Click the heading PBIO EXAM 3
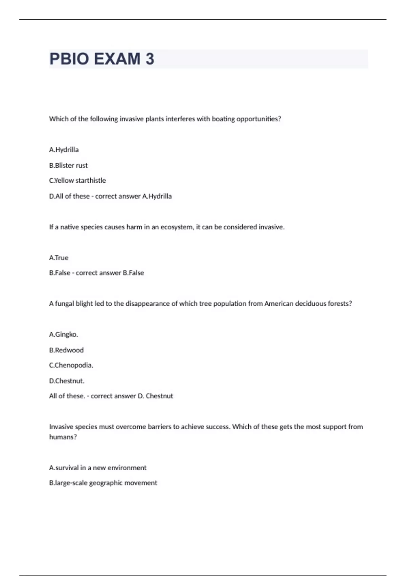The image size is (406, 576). pyautogui.click(x=101, y=59)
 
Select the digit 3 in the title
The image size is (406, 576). pyautogui.click(x=150, y=59)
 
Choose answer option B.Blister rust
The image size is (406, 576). pyautogui.click(x=68, y=165)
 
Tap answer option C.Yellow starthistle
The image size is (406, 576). pyautogui.click(x=77, y=181)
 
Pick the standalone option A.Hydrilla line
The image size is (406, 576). pyautogui.click(x=64, y=150)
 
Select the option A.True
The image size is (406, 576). pyautogui.click(x=59, y=258)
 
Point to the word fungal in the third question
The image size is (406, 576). pyautogui.click(x=64, y=304)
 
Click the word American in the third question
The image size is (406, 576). pyautogui.click(x=279, y=304)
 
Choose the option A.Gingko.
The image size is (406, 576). pyautogui.click(x=64, y=334)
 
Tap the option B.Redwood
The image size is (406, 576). pyautogui.click(x=66, y=350)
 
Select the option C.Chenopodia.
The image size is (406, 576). pyautogui.click(x=71, y=365)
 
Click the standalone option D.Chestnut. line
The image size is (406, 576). pyautogui.click(x=67, y=381)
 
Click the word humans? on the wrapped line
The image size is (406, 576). pyautogui.click(x=63, y=437)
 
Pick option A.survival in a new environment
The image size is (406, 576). pyautogui.click(x=98, y=468)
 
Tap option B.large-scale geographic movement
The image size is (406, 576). pyautogui.click(x=103, y=483)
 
